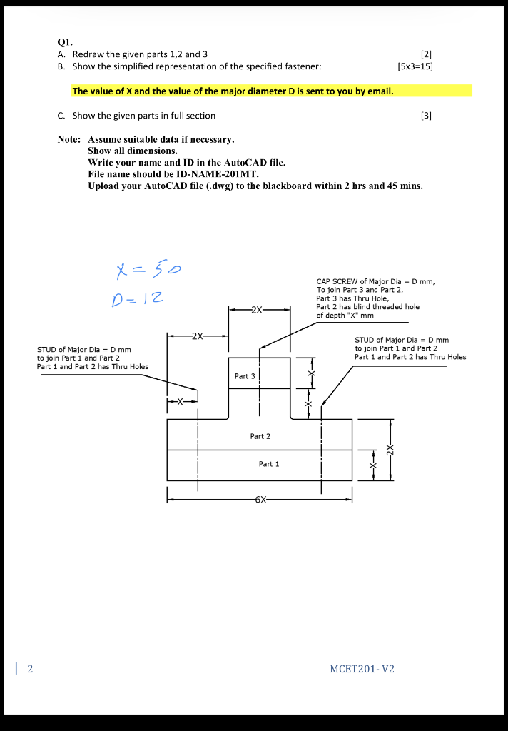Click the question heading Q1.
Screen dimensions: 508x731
(x=64, y=41)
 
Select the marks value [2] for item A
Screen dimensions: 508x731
(x=427, y=54)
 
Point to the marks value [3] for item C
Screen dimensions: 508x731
(x=427, y=116)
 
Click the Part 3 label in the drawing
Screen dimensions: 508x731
(x=245, y=375)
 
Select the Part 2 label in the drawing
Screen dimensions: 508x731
(x=260, y=435)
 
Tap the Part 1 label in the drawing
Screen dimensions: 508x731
(x=268, y=464)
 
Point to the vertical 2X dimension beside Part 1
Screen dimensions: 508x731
(x=390, y=450)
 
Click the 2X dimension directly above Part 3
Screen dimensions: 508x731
(x=258, y=310)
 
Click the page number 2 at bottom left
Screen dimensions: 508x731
(x=30, y=669)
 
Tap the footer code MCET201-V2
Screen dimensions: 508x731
(x=362, y=669)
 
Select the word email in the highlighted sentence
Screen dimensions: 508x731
(x=379, y=91)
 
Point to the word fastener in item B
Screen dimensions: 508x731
(x=302, y=66)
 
